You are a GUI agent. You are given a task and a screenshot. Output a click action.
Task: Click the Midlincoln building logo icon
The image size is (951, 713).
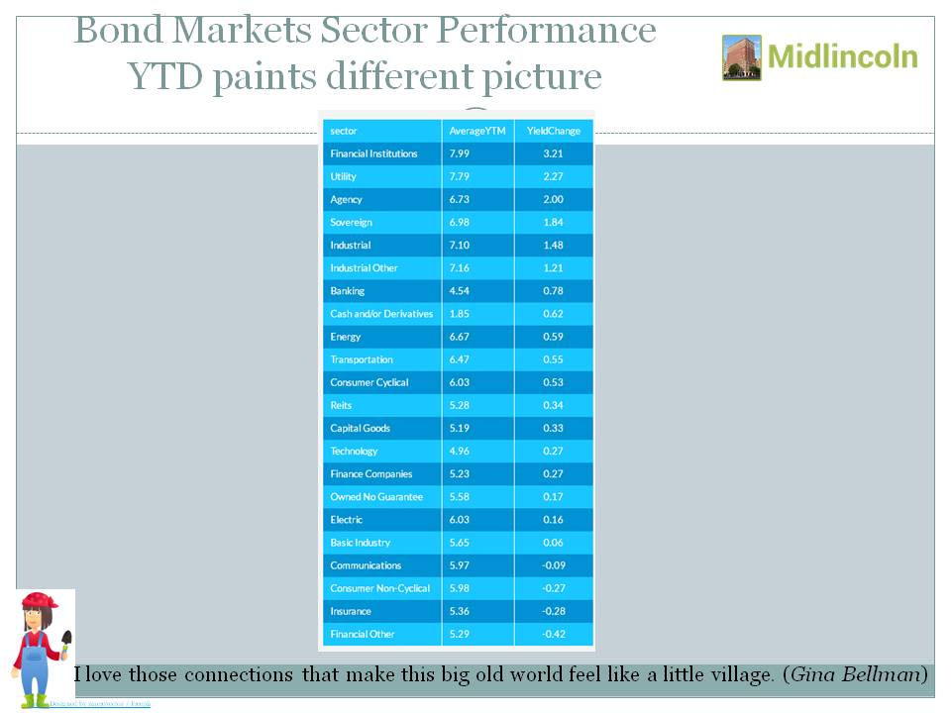click(x=742, y=57)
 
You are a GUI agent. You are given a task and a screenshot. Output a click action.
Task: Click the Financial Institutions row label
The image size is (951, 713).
click(x=373, y=153)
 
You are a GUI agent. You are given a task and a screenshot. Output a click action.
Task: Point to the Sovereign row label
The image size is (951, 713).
click(x=351, y=223)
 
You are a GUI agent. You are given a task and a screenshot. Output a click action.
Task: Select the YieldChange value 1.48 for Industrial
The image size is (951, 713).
click(x=554, y=246)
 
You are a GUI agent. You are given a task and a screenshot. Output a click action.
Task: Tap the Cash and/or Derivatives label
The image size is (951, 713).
click(x=381, y=314)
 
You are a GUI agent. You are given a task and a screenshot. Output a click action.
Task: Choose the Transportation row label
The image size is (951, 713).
click(x=362, y=359)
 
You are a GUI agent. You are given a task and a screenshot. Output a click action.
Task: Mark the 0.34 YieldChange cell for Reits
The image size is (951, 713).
click(x=554, y=405)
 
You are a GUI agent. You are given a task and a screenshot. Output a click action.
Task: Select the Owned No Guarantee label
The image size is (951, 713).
click(x=376, y=497)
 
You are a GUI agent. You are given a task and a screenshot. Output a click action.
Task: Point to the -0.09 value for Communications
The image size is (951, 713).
click(x=553, y=565)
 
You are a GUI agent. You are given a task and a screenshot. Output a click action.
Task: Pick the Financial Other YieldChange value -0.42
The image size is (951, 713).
click(x=553, y=634)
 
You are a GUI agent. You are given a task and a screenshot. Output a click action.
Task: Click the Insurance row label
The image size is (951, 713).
click(x=351, y=611)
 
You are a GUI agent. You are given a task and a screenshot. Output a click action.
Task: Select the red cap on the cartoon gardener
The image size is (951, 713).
click(x=40, y=600)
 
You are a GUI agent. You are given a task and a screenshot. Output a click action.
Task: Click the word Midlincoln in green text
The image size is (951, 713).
click(x=842, y=56)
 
